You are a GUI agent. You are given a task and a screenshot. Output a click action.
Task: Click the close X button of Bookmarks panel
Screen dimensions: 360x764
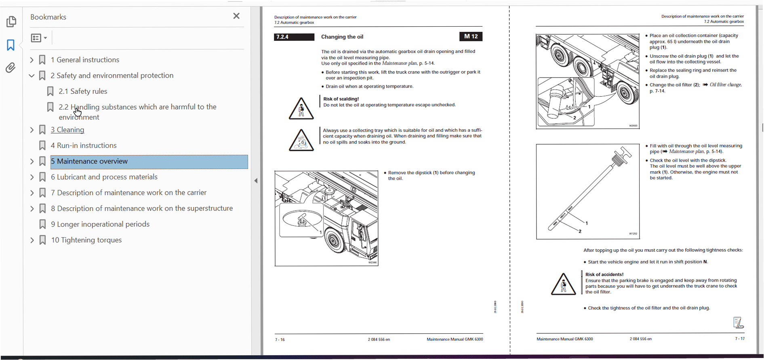[236, 16]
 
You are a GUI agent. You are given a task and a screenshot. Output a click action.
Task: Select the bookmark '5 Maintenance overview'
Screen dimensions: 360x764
[89, 161]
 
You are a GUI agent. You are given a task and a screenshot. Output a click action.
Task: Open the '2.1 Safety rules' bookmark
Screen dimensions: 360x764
[83, 91]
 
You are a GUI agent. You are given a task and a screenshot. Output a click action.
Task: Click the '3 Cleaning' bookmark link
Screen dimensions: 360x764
[67, 130]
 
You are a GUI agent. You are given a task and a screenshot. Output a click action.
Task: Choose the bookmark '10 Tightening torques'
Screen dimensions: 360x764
[86, 240]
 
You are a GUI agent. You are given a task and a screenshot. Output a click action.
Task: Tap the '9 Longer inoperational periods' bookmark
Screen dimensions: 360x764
[100, 224]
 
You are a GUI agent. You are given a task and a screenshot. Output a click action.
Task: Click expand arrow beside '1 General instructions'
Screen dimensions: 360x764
[32, 60]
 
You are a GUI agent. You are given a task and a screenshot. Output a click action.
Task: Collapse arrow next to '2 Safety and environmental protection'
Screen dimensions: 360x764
[32, 76]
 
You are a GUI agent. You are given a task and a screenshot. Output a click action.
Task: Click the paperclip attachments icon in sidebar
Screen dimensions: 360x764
[11, 67]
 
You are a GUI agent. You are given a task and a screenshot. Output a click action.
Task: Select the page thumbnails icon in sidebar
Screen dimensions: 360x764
[11, 21]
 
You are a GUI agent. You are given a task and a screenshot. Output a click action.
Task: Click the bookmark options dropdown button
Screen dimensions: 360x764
[39, 38]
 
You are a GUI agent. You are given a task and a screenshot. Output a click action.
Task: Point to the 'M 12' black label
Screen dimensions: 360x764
[471, 37]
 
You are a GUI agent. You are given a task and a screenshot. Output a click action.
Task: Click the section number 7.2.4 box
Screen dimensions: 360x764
[294, 37]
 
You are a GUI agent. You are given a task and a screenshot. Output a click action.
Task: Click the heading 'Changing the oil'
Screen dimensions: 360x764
[342, 37]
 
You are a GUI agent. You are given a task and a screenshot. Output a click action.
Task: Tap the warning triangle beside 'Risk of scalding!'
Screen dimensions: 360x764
[301, 109]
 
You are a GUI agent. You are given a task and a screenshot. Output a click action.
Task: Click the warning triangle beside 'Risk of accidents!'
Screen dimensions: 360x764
[563, 284]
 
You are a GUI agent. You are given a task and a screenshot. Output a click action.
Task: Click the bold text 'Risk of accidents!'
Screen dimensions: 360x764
[604, 274]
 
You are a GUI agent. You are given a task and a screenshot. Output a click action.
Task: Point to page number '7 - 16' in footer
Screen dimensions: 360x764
[280, 340]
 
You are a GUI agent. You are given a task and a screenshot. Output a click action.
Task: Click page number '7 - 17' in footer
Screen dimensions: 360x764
[739, 339]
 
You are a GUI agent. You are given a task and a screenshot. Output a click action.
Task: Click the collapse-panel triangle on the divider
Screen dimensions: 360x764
[256, 181]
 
